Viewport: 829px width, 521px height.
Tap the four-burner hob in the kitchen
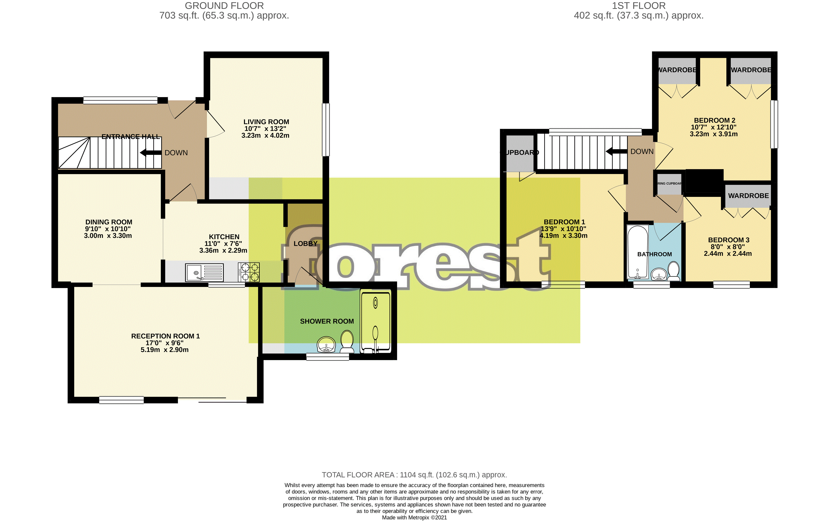[249, 272]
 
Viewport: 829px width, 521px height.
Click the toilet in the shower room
[347, 341]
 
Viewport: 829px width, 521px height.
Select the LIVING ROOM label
[266, 122]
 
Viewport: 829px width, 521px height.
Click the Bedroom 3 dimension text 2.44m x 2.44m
[727, 254]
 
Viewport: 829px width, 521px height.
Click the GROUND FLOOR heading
[224, 6]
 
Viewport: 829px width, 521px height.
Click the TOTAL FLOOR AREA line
[414, 475]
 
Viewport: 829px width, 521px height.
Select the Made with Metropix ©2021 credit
[414, 517]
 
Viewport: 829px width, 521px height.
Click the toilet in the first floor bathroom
[673, 271]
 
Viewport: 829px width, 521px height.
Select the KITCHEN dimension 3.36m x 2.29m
[223, 250]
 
